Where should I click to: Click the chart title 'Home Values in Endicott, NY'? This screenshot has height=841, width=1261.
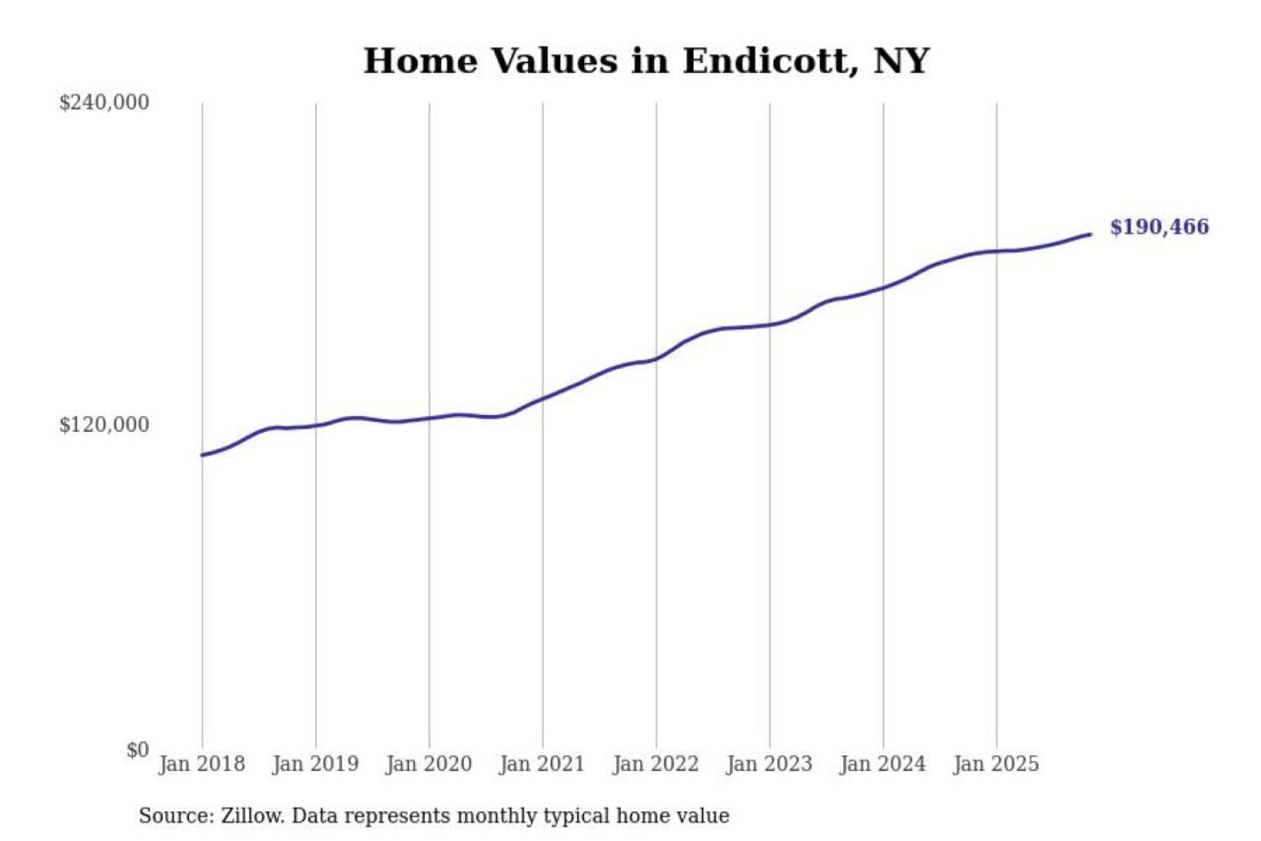(x=646, y=61)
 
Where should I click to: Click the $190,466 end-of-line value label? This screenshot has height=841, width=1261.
(x=1159, y=227)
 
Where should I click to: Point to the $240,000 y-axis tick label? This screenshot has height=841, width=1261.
(x=104, y=102)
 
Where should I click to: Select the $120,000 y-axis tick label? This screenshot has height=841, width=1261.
(x=104, y=425)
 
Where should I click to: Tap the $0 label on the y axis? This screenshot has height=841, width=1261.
(x=137, y=750)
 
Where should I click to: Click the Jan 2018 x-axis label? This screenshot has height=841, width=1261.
(x=201, y=764)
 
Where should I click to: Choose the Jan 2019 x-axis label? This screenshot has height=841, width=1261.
(x=315, y=764)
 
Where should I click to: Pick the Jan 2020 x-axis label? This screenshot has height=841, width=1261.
(x=428, y=764)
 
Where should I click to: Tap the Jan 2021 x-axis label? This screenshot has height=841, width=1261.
(x=542, y=764)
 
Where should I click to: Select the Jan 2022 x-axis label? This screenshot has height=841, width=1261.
(x=655, y=764)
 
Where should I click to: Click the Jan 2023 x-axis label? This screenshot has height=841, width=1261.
(x=769, y=764)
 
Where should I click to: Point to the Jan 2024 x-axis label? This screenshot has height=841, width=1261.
(x=882, y=764)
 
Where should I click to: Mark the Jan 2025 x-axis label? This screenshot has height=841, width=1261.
(x=996, y=764)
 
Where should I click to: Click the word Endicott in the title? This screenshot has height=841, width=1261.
(x=765, y=61)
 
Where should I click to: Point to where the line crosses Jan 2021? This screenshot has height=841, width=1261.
(x=543, y=399)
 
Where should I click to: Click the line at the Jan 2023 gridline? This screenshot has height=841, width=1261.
(x=770, y=325)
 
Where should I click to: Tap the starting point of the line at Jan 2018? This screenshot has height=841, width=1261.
(x=202, y=455)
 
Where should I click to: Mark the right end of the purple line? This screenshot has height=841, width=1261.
(x=1090, y=234)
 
